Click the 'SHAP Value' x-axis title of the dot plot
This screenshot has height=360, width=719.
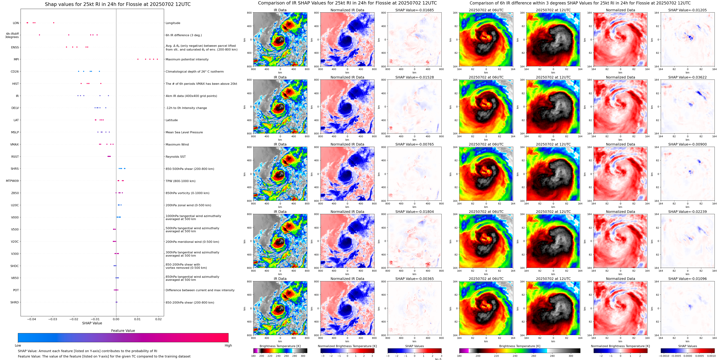92,323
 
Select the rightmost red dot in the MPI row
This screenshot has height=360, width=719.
157,59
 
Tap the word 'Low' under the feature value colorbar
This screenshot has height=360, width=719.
18,345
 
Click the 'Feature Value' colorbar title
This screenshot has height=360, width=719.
123,331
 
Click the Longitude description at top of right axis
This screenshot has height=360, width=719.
173,23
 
